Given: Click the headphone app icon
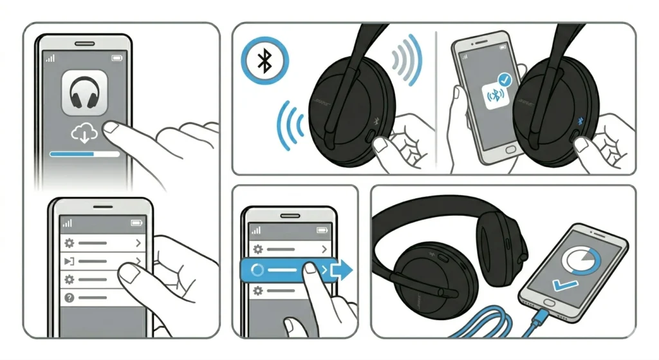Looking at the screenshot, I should point(84,93).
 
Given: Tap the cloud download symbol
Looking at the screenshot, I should point(84,133).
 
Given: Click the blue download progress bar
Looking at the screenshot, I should point(73,155).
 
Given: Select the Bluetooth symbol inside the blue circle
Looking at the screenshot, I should point(264,61).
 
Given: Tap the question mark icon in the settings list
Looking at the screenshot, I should point(69,298).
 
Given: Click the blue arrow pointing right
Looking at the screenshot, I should point(341,269).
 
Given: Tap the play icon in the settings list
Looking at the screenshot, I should point(69,261).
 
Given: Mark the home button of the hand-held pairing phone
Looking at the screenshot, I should point(510,149).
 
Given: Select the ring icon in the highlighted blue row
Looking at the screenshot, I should point(257,270).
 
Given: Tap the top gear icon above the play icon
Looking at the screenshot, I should point(69,243).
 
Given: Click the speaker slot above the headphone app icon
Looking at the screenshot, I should point(84,44).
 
